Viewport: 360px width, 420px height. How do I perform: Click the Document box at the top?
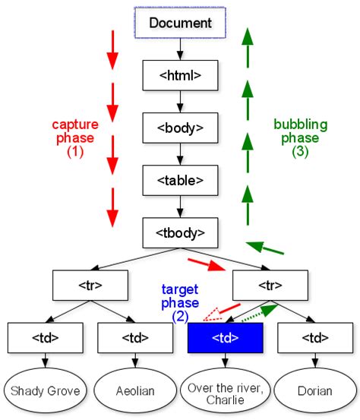pyautogui.click(x=180, y=23)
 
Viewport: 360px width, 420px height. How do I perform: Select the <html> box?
pyautogui.click(x=180, y=75)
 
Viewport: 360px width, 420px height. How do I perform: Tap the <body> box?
pyautogui.click(x=180, y=127)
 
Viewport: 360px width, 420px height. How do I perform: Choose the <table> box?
pyautogui.click(x=180, y=179)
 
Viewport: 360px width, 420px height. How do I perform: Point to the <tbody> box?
pyautogui.click(x=180, y=231)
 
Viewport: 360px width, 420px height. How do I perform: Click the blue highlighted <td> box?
pyautogui.click(x=225, y=337)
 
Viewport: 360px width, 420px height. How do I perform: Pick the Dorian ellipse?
pyautogui.click(x=315, y=391)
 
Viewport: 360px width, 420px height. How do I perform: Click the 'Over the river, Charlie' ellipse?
pyautogui.click(x=225, y=391)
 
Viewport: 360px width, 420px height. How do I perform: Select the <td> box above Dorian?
pyautogui.click(x=315, y=337)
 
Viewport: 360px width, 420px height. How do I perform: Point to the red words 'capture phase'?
pyautogui.click(x=74, y=131)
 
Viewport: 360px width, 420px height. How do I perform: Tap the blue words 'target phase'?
pyautogui.click(x=180, y=296)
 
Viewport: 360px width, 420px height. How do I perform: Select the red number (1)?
pyautogui.click(x=74, y=151)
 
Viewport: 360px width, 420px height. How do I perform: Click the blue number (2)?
pyautogui.click(x=180, y=315)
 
